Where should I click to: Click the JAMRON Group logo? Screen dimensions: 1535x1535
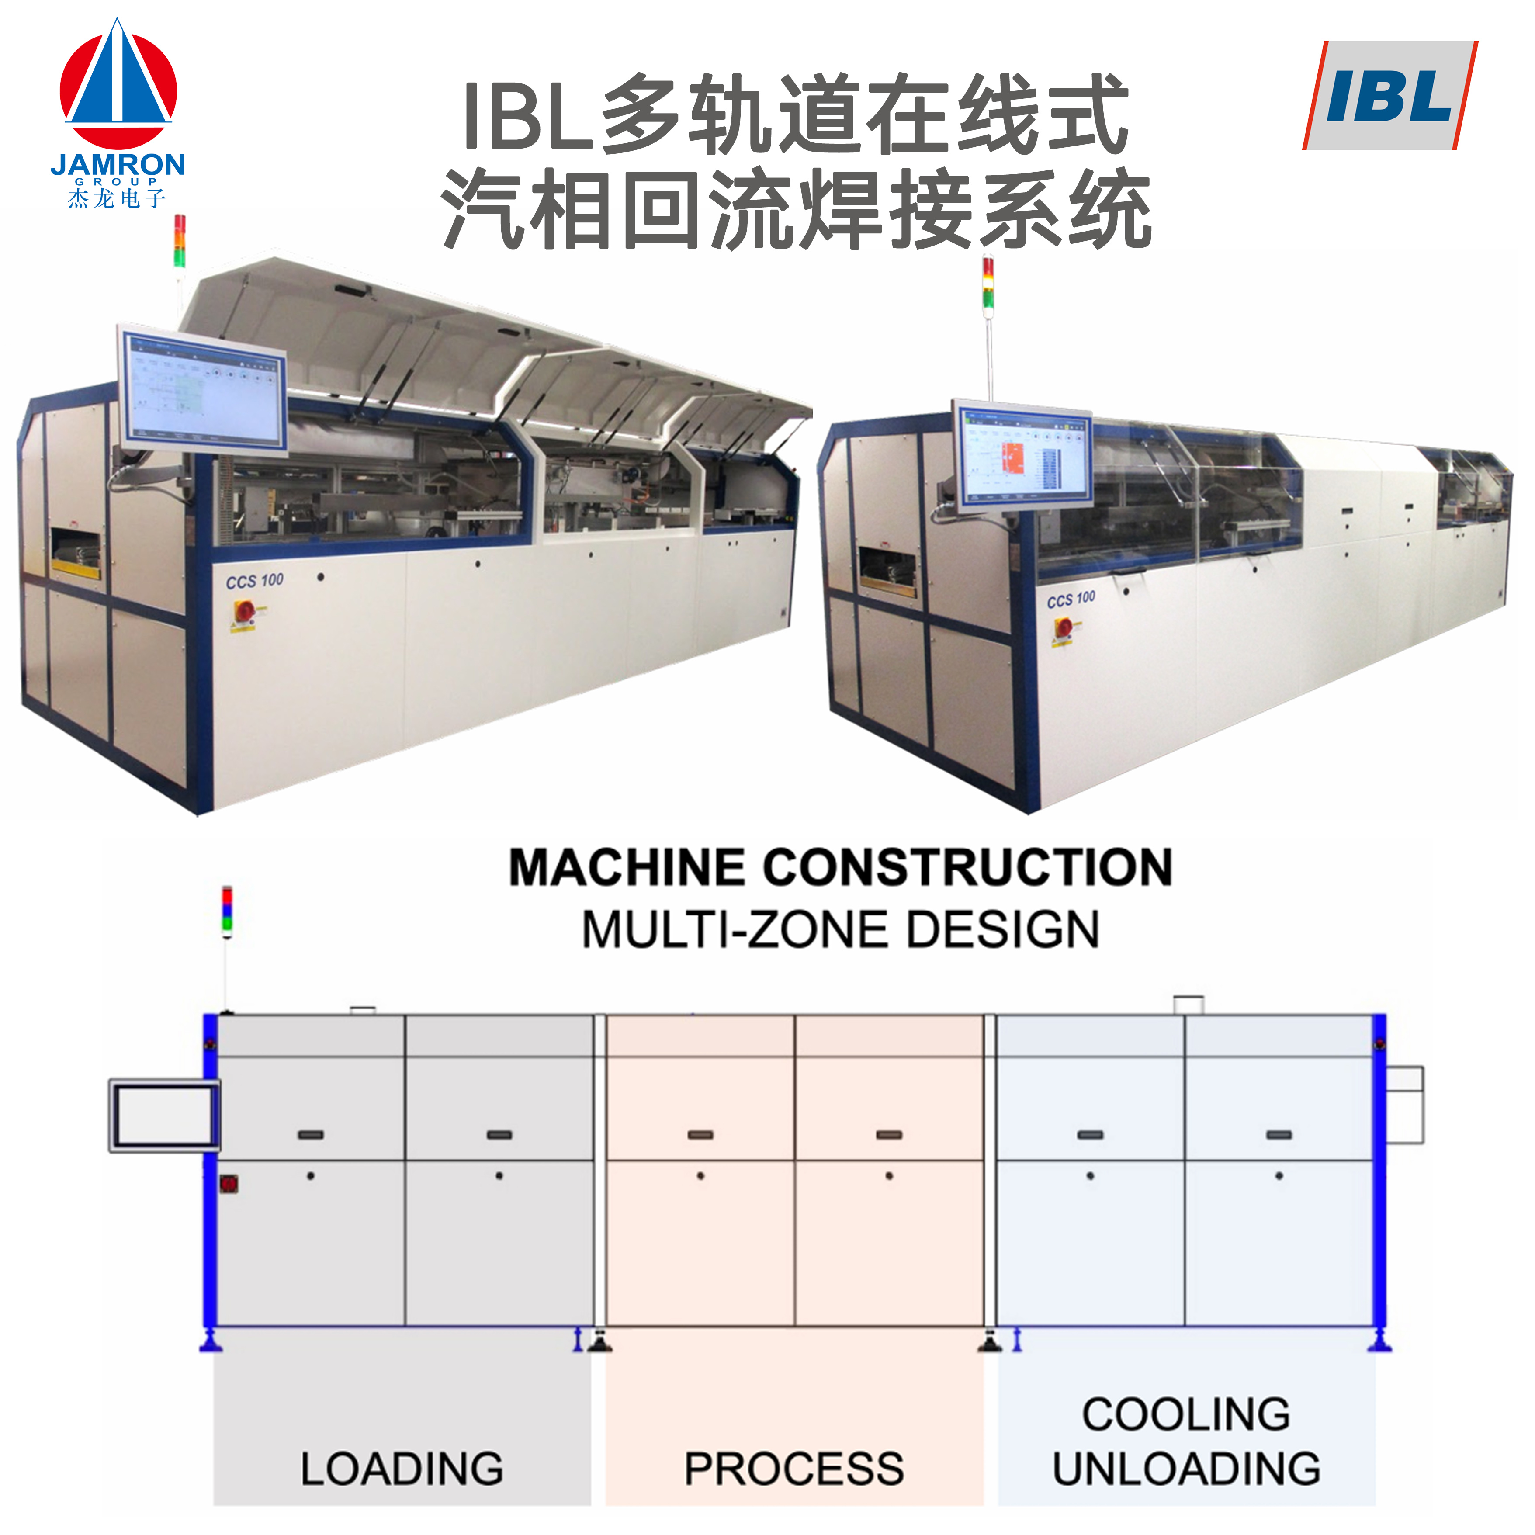click(x=118, y=111)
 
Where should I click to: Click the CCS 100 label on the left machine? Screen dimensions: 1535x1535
click(x=254, y=581)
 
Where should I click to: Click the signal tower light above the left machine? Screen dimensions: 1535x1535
click(x=180, y=240)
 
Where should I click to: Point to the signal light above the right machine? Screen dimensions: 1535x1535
click(x=988, y=282)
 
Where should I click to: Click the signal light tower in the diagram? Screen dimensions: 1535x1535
click(x=227, y=910)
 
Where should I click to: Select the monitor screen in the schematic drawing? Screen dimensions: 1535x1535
click(x=164, y=1115)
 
